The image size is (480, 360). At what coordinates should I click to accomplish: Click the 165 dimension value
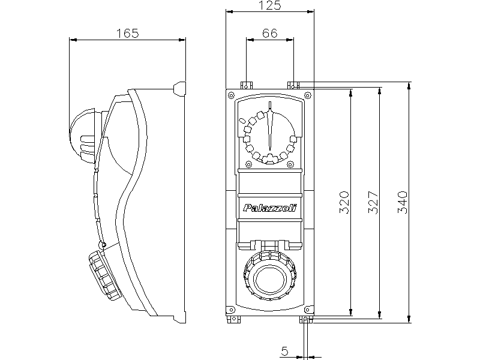pyautogui.click(x=127, y=34)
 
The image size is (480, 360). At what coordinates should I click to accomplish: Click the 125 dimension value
pyautogui.click(x=269, y=5)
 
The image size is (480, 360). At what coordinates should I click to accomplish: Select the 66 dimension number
pyautogui.click(x=269, y=34)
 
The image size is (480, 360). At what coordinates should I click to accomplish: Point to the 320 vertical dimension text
pyautogui.click(x=344, y=203)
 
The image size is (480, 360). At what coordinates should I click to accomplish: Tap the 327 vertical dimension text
pyautogui.click(x=373, y=203)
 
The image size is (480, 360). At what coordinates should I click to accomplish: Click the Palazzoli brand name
pyautogui.click(x=270, y=208)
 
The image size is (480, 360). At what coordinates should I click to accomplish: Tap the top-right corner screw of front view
pyautogui.click(x=308, y=94)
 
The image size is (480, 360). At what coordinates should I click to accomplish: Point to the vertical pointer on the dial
pyautogui.click(x=271, y=126)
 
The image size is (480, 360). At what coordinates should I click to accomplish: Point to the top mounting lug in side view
pyautogui.click(x=179, y=88)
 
